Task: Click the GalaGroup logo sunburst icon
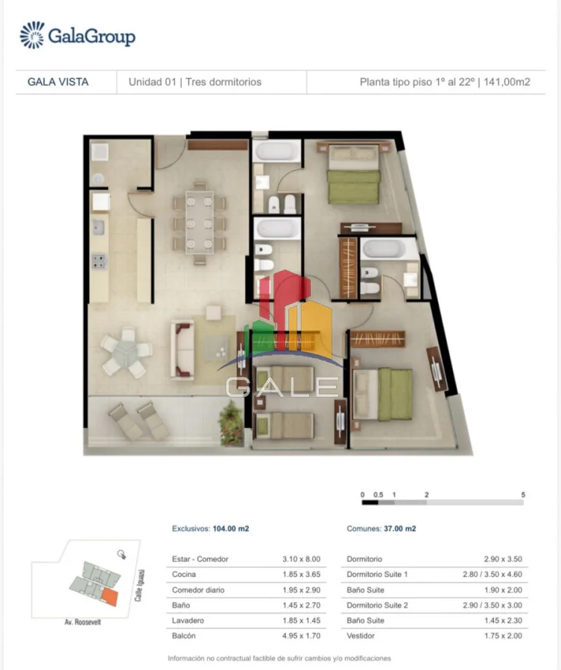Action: click(32, 36)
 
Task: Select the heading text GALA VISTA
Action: click(58, 82)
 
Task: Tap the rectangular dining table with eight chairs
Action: click(199, 222)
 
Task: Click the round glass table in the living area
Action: click(126, 353)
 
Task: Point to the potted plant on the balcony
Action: click(231, 423)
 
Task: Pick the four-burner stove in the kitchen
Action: click(99, 261)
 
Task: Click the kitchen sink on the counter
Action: click(98, 227)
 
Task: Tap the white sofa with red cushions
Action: click(183, 350)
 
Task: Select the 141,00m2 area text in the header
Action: click(507, 82)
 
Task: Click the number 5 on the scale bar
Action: click(523, 495)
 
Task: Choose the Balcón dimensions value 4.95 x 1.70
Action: click(302, 636)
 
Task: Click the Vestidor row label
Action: click(361, 636)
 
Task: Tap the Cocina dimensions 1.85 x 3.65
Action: click(302, 574)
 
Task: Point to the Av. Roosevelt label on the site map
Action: click(83, 622)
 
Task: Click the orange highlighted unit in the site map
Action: click(110, 597)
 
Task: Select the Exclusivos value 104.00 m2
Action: click(231, 529)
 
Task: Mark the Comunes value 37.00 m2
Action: click(400, 529)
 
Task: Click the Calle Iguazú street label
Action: click(139, 585)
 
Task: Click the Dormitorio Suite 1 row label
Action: click(377, 574)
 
